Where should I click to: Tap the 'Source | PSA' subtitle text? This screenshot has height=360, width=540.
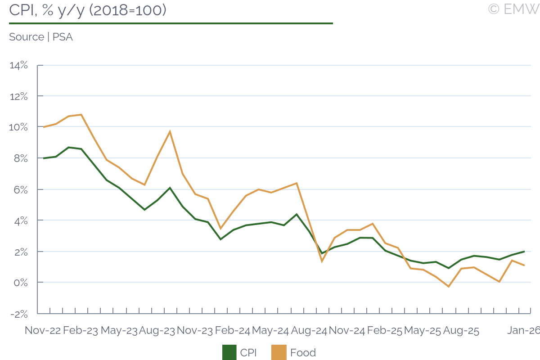[41, 37]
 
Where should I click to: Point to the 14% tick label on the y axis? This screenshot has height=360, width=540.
[18, 65]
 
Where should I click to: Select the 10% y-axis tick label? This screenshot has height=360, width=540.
[18, 127]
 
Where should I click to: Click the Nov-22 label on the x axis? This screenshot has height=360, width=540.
[42, 330]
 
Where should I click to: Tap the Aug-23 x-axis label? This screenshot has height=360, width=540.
[157, 330]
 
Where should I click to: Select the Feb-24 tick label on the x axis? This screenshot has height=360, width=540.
[232, 330]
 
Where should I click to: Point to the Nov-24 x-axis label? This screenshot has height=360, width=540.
[346, 330]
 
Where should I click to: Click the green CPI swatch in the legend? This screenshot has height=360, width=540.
[229, 352]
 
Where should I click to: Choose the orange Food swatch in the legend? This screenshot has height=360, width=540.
[279, 352]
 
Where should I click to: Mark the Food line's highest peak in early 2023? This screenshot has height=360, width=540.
[81, 114]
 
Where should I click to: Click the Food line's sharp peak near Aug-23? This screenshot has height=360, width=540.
[170, 131]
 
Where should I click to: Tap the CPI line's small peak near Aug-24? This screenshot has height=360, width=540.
[297, 214]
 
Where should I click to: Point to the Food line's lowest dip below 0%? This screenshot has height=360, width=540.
[449, 286]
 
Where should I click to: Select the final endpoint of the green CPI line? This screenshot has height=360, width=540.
[524, 252]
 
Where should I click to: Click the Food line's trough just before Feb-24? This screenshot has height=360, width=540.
[220, 229]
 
